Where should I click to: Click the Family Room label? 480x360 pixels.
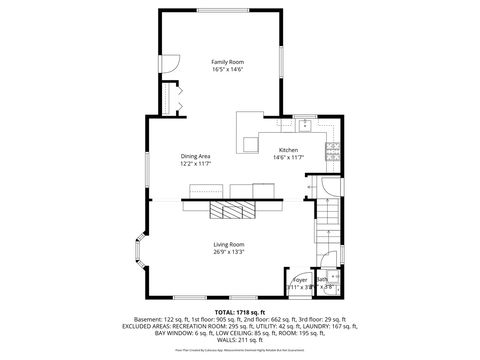click(x=227, y=62)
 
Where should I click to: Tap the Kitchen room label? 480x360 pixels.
click(x=288, y=150)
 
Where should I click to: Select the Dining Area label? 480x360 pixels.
click(x=195, y=156)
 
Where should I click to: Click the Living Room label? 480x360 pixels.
click(x=228, y=245)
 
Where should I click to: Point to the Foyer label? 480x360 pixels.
click(x=299, y=281)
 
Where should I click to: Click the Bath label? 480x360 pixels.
click(x=326, y=281)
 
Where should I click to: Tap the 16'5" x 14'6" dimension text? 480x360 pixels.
click(x=227, y=70)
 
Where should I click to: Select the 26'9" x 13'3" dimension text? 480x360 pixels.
click(x=228, y=253)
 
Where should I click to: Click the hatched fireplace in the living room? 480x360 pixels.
click(x=232, y=211)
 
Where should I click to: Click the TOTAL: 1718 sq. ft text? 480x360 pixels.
click(x=239, y=311)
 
